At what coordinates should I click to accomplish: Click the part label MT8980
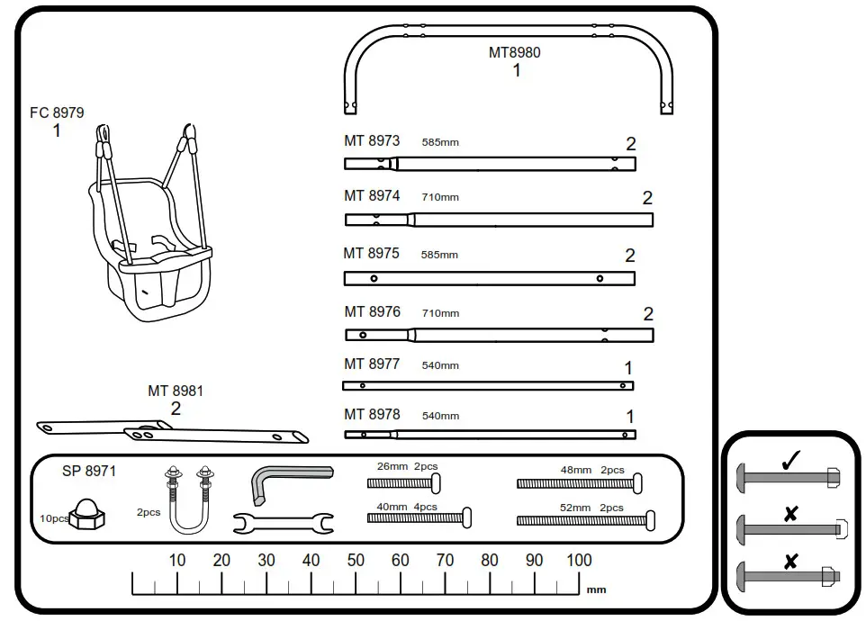click(x=514, y=52)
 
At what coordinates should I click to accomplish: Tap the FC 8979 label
click(x=57, y=113)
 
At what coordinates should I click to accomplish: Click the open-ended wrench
click(x=283, y=522)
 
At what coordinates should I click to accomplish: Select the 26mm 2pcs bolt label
click(x=407, y=467)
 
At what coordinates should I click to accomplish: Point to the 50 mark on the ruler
click(x=356, y=560)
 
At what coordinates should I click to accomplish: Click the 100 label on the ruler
click(x=579, y=560)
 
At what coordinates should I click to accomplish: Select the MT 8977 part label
click(x=372, y=364)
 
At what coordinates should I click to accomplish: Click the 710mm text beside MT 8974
click(x=439, y=197)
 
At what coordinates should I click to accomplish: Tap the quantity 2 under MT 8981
click(x=176, y=409)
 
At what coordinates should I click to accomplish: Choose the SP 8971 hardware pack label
click(x=89, y=471)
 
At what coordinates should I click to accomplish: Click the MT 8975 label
click(x=371, y=254)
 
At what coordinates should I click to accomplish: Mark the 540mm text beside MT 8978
click(x=440, y=416)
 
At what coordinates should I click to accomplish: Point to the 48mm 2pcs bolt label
click(x=591, y=470)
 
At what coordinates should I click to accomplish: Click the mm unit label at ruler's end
click(x=596, y=590)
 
